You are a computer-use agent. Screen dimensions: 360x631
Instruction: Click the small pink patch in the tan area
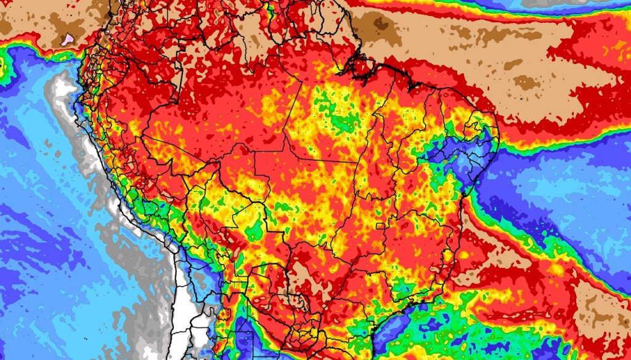pos(68,38)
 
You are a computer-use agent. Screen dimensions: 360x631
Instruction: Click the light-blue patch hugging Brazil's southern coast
pos(394,333)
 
